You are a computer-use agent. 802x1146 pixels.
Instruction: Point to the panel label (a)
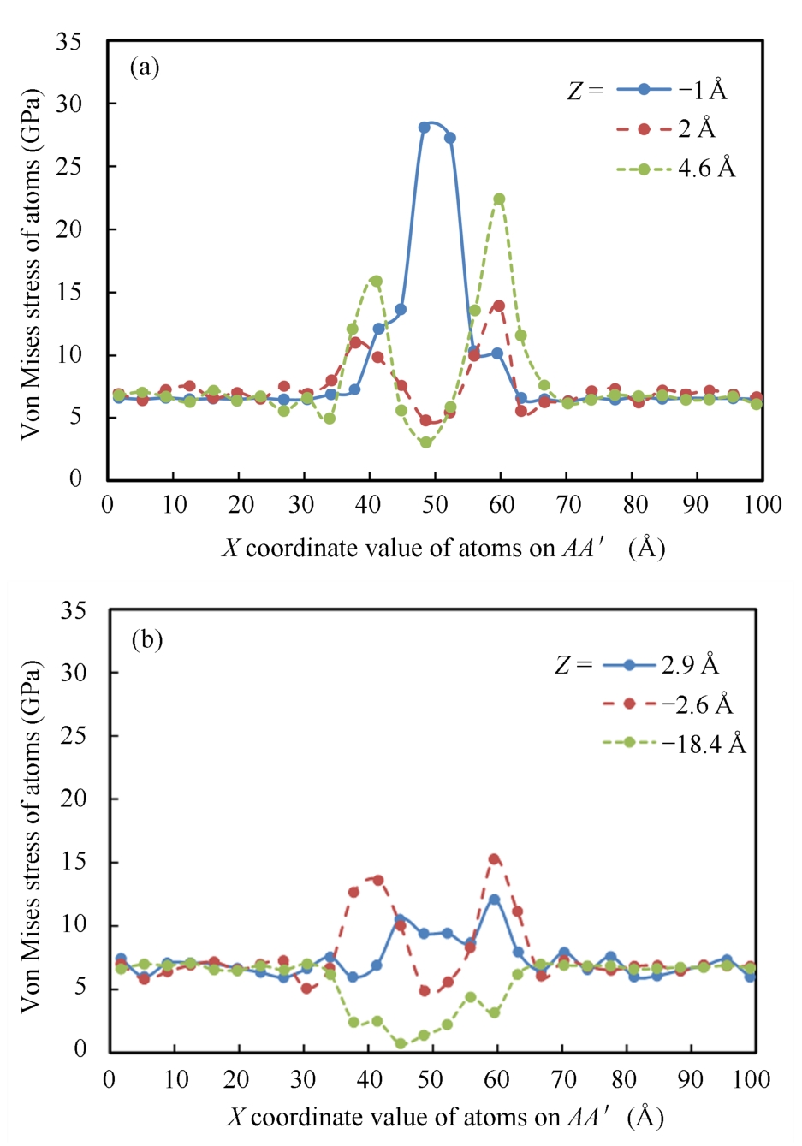145,67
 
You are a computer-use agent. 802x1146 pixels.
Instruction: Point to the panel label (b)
146,639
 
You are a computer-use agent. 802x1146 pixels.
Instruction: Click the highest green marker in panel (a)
499,199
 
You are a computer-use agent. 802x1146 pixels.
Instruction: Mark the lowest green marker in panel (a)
425,442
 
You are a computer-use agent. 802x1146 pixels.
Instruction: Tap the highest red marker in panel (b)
494,858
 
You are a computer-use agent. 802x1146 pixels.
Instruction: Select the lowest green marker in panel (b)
401,1043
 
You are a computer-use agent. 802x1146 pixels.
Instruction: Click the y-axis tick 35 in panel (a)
69,41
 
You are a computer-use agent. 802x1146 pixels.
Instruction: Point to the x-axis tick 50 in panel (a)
434,504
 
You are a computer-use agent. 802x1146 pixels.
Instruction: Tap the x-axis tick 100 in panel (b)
751,1078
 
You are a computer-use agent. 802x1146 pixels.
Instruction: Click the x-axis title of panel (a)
443,547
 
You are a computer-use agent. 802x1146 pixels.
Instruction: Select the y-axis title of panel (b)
31,834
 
